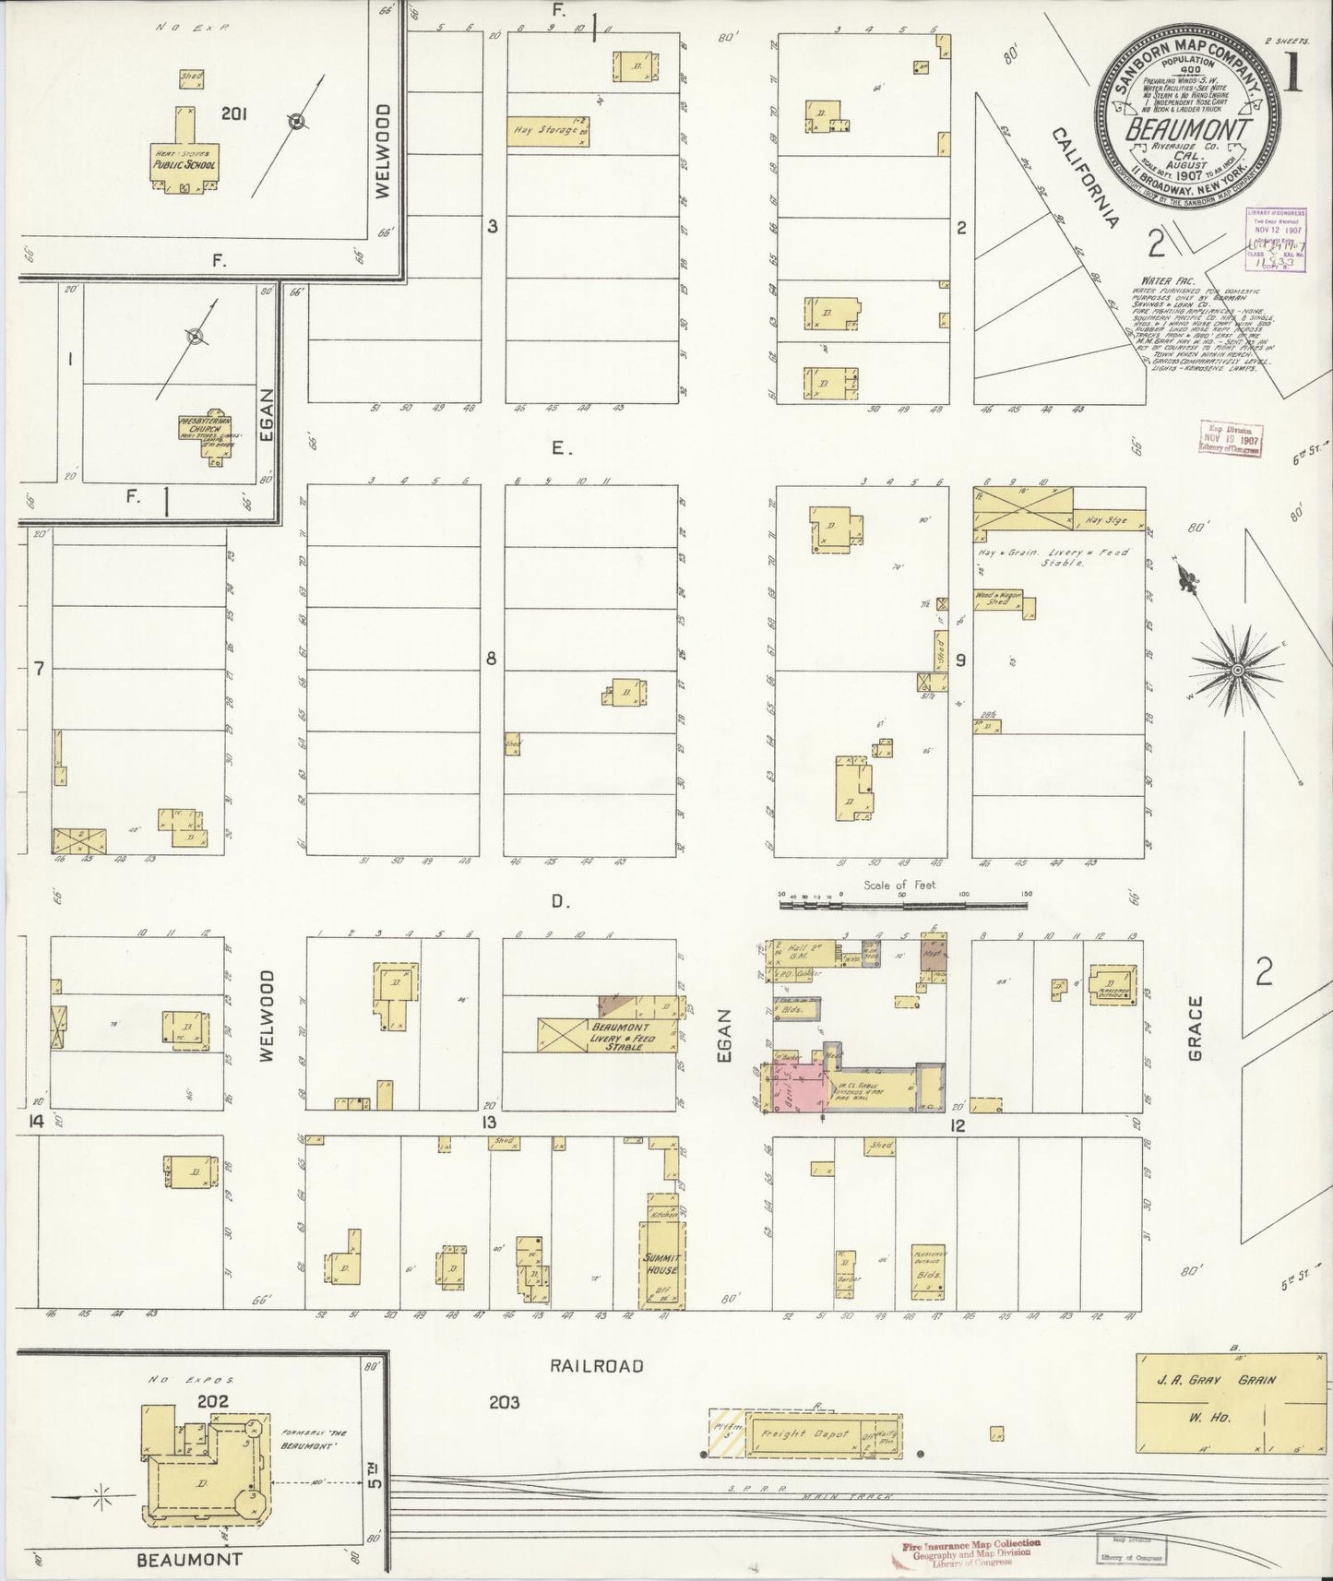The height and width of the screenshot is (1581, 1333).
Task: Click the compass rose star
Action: coord(1236,669)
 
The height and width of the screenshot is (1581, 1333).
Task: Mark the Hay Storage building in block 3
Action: coord(549,131)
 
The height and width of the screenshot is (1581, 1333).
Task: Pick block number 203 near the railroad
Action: coord(505,1403)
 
